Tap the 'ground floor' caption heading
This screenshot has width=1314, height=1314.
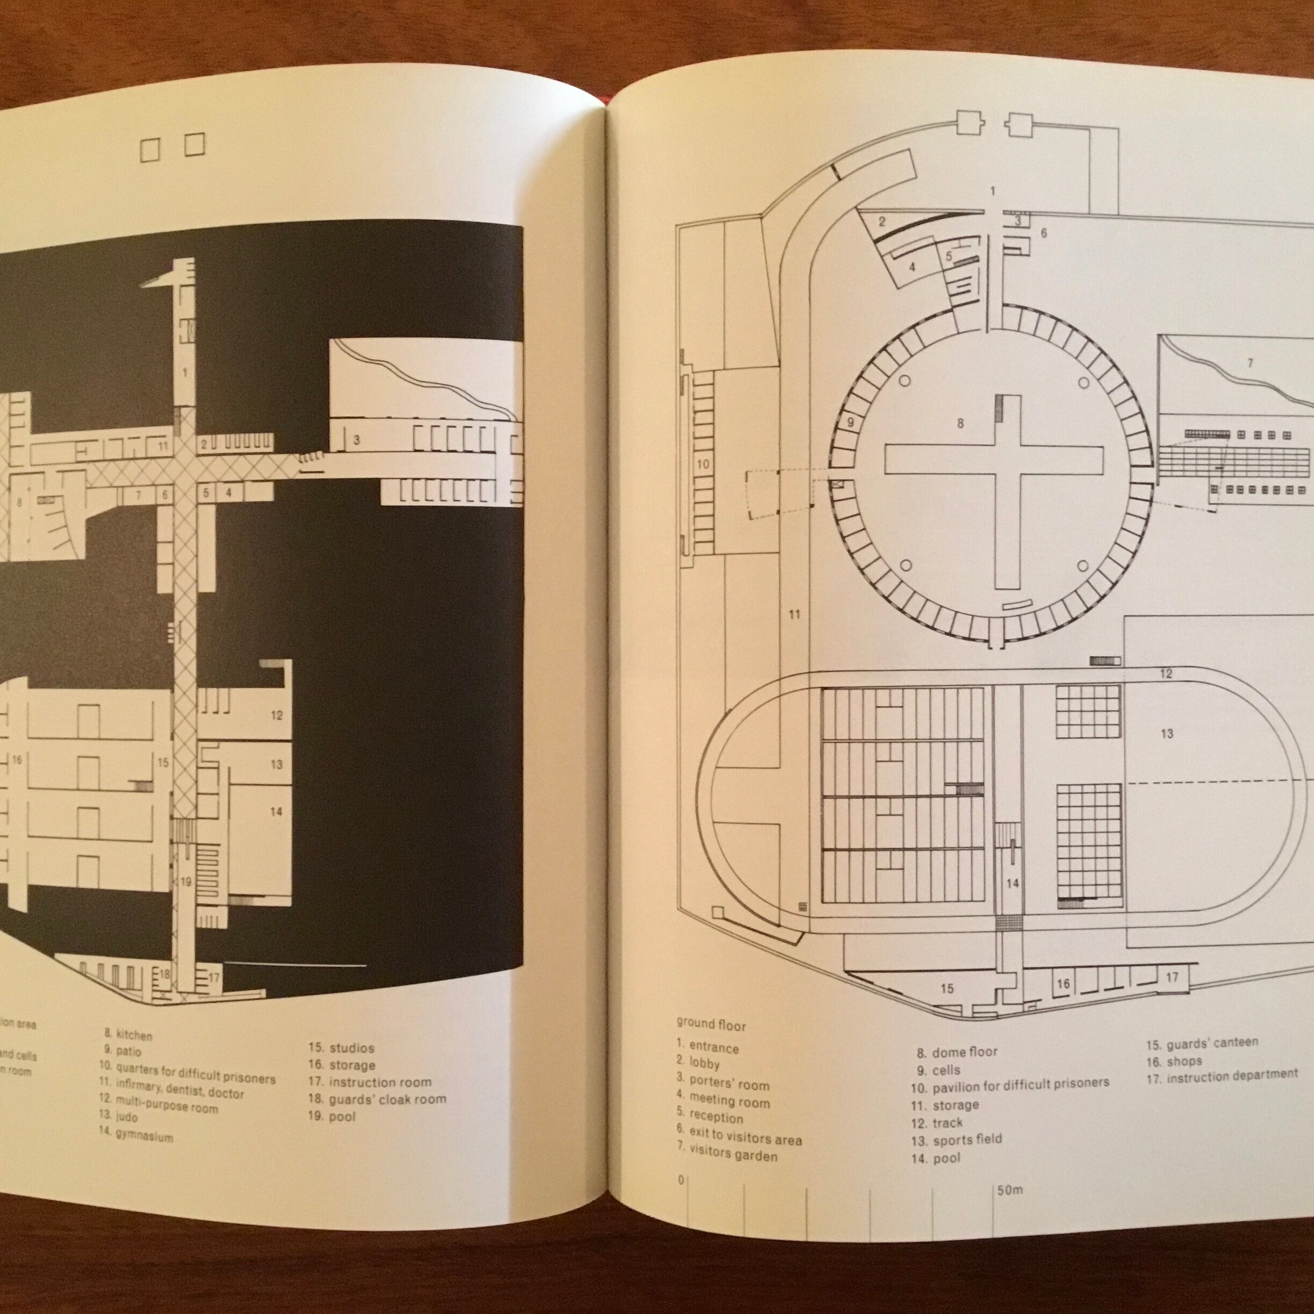coord(710,1024)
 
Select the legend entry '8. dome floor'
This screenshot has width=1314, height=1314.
coord(957,1052)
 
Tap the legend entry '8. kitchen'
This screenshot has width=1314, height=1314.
coord(128,1035)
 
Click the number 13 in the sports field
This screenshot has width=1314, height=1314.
coord(1167,734)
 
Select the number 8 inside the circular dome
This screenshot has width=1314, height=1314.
coord(960,423)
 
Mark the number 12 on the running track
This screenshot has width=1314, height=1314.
coord(1166,674)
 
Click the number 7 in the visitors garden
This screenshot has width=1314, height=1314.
coord(1250,363)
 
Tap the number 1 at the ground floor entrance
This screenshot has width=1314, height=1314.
coord(992,192)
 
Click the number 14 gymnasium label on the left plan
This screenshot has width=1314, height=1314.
coord(276,812)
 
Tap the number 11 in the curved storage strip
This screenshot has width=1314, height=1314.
coord(794,615)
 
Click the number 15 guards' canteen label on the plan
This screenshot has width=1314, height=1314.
coord(947,988)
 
